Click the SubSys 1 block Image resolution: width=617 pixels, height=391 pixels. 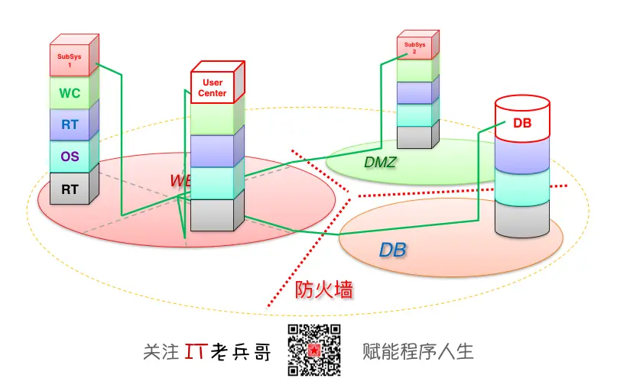click(x=70, y=60)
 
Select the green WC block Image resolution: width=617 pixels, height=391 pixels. click(x=70, y=94)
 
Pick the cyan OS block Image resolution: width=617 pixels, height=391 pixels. click(x=70, y=157)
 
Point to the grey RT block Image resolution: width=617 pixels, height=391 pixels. click(x=70, y=189)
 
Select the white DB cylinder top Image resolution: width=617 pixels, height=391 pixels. click(x=522, y=122)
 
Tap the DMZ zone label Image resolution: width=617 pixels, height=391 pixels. click(x=379, y=161)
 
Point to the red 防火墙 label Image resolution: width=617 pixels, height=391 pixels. click(x=323, y=290)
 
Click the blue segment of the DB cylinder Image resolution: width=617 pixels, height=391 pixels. click(x=522, y=157)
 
